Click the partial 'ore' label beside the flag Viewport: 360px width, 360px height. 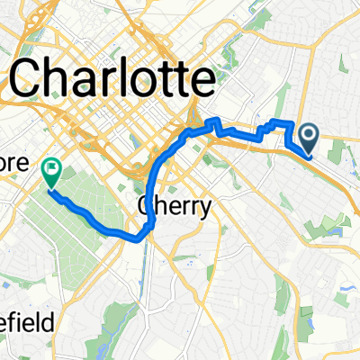click(20, 166)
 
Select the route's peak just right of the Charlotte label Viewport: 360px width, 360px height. click(214, 120)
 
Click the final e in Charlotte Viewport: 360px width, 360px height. click(206, 83)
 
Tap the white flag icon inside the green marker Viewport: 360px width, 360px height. click(51, 166)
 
